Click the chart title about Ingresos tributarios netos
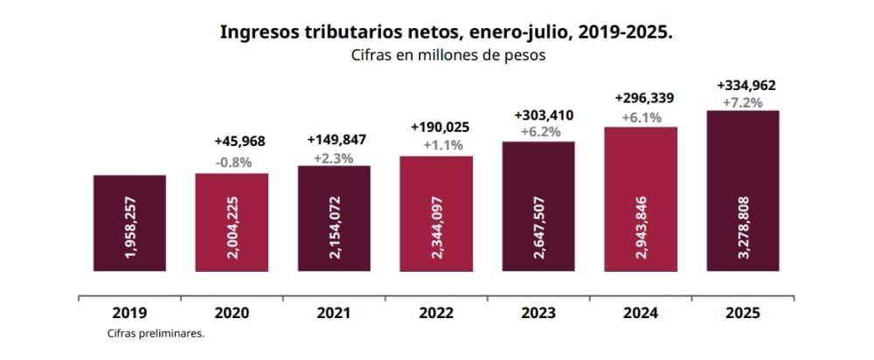[x=446, y=32]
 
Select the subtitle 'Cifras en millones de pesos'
[x=446, y=55]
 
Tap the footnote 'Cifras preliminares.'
[x=156, y=333]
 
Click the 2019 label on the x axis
[x=129, y=312]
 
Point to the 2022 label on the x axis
[x=435, y=312]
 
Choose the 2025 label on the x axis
[x=742, y=312]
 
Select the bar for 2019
[x=129, y=223]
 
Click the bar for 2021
[x=334, y=218]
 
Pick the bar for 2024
[x=641, y=198]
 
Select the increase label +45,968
[x=239, y=142]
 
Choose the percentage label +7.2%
[x=742, y=102]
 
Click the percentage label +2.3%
[x=333, y=157]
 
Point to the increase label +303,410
[x=544, y=114]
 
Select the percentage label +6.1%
[x=641, y=118]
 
